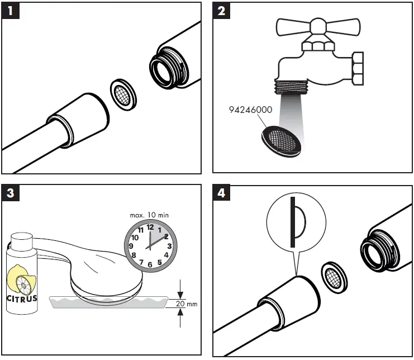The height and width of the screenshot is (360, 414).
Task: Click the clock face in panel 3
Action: click(x=150, y=244)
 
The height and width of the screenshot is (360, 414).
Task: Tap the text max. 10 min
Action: click(x=149, y=214)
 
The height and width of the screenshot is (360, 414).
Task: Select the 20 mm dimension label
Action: click(x=189, y=304)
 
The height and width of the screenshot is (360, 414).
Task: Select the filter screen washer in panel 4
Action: click(x=332, y=275)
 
